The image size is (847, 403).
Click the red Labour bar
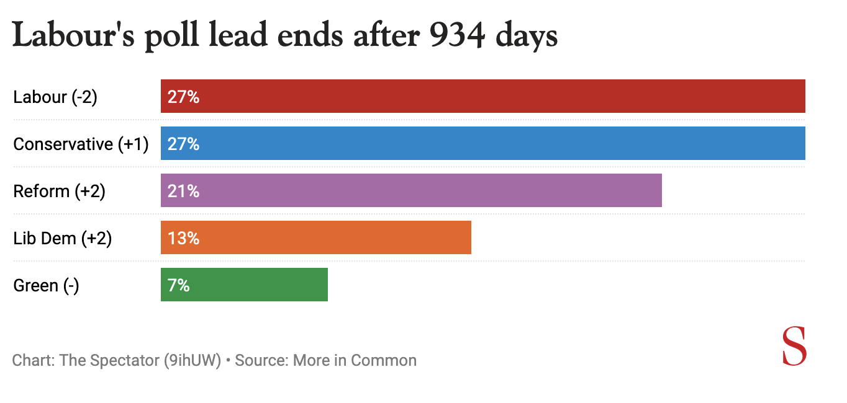[x=483, y=96]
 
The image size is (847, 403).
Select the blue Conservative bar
[x=483, y=143]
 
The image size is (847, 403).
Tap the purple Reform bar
[x=411, y=190]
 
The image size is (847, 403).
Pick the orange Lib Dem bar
[x=315, y=237]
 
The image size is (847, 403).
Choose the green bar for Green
[x=244, y=285]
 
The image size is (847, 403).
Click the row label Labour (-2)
[x=55, y=97]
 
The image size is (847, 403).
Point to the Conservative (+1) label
[x=81, y=144]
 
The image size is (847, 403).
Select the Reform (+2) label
[x=60, y=192]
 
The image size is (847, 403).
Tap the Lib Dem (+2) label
[x=63, y=239]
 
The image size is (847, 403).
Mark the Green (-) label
[x=46, y=286]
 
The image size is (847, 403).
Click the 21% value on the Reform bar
[x=183, y=191]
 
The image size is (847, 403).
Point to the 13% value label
[x=183, y=238]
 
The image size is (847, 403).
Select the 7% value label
[x=178, y=285]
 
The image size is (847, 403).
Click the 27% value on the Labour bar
[x=183, y=97]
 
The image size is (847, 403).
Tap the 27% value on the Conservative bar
[x=183, y=144]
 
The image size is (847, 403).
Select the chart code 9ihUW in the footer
[x=192, y=360]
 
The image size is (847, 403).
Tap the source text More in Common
[x=355, y=360]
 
